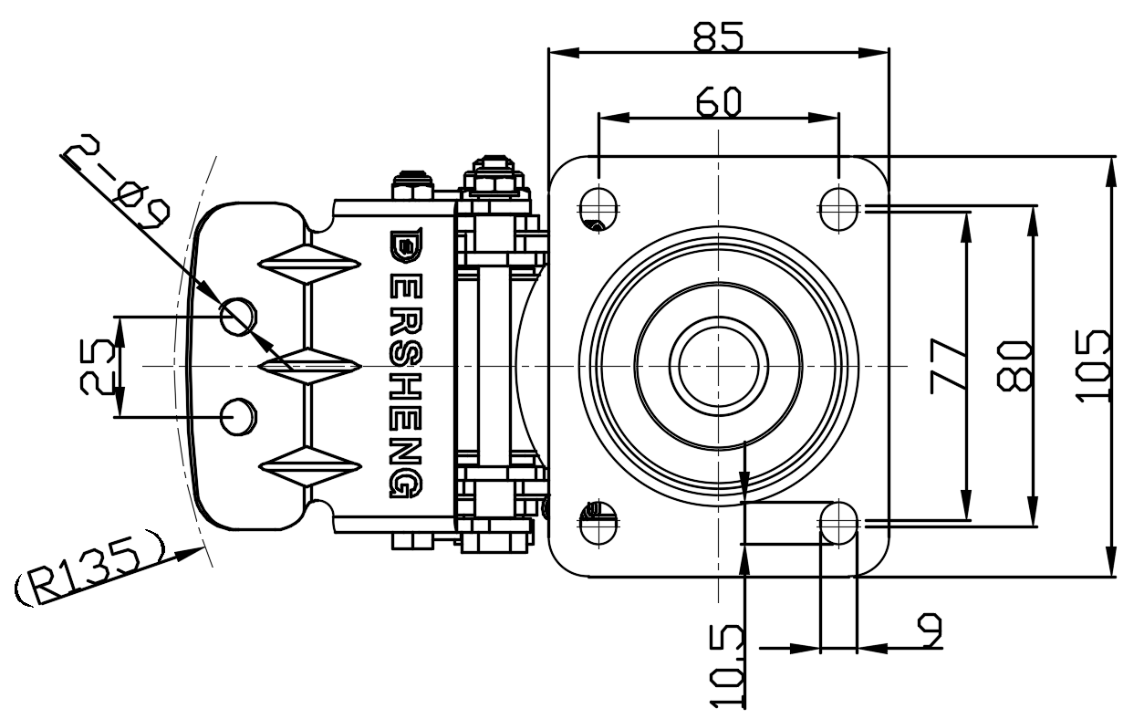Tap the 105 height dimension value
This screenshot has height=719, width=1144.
pos(1094,365)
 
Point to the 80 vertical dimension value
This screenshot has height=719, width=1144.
pos(1015,365)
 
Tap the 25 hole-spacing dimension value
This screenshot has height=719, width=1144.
pos(96,366)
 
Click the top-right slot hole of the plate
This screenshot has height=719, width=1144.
pos(838,207)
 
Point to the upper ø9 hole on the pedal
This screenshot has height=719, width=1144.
pos(237,316)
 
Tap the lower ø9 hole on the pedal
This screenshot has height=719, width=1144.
pos(237,416)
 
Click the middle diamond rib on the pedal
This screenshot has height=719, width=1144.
pos(311,365)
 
